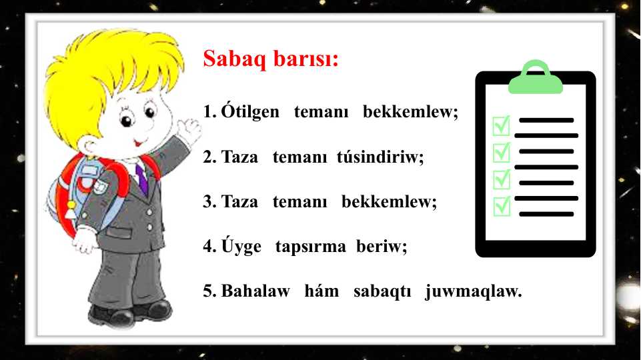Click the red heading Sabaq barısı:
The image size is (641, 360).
271,59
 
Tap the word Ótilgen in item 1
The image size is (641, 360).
250,111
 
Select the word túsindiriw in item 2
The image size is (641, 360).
380,156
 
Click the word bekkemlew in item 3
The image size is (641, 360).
389,201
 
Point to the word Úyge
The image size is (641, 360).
241,245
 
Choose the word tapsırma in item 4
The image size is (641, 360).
311,247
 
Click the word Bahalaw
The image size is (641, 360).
255,291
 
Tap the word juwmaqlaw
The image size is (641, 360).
474,291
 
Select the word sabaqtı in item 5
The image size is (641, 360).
382,291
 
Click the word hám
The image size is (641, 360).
322,291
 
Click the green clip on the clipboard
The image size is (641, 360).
536,77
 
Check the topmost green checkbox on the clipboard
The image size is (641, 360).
501,125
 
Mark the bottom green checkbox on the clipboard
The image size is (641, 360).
502,206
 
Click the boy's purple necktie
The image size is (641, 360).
142,179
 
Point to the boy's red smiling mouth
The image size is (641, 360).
139,143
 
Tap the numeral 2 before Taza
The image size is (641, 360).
208,157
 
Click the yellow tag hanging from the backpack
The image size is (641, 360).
71,209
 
